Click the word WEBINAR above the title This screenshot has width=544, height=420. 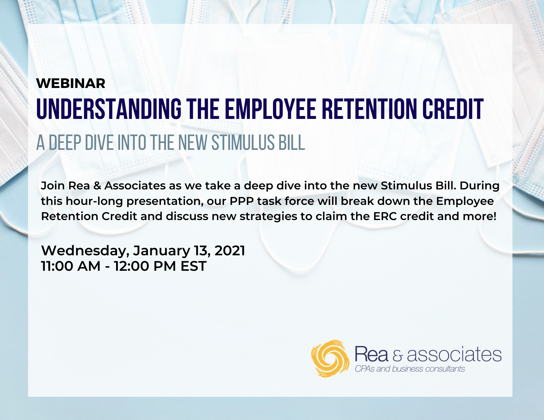pyautogui.click(x=71, y=83)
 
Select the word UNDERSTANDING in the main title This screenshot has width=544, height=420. pyautogui.click(x=109, y=109)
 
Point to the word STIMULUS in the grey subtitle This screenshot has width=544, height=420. pyautogui.click(x=243, y=143)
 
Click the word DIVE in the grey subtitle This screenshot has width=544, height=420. pyautogui.click(x=99, y=143)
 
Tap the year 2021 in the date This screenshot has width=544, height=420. pyautogui.click(x=230, y=251)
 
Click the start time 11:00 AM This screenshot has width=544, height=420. pyautogui.click(x=71, y=266)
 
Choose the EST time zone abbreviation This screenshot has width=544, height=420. pyautogui.click(x=194, y=266)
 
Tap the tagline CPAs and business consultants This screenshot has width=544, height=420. pyautogui.click(x=410, y=369)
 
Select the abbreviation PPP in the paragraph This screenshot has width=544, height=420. pyautogui.click(x=242, y=201)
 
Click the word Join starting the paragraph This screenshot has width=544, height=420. pyautogui.click(x=52, y=186)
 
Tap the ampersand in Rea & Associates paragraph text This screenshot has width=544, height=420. pyautogui.click(x=97, y=186)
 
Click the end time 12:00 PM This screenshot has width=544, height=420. pyautogui.click(x=145, y=266)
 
